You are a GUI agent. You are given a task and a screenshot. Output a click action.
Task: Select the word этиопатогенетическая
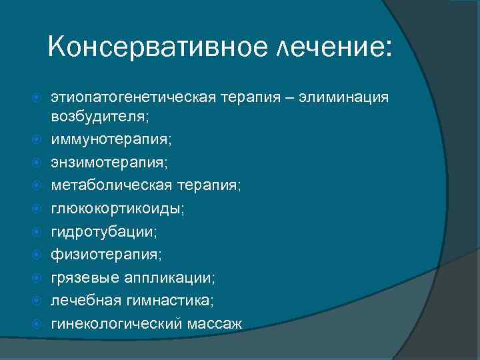tap(130, 98)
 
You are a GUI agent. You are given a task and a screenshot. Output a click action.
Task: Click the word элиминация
tap(344, 98)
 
